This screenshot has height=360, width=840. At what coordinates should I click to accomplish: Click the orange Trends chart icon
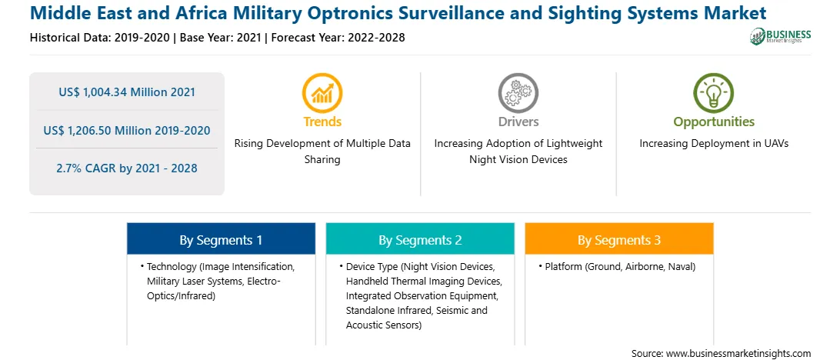(x=322, y=92)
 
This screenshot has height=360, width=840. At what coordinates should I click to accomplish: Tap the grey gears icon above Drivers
(x=518, y=92)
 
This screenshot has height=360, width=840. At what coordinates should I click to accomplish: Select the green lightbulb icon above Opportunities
(x=714, y=92)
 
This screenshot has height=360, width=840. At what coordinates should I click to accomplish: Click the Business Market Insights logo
(x=781, y=36)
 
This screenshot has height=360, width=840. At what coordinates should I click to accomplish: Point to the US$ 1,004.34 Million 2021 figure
(x=127, y=92)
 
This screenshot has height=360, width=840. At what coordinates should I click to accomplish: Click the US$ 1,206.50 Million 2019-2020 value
(x=127, y=130)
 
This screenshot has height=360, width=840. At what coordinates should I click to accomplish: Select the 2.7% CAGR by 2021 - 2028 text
(x=127, y=168)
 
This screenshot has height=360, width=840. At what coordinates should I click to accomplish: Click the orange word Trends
(x=322, y=122)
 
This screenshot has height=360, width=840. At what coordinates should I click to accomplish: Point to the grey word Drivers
(x=518, y=122)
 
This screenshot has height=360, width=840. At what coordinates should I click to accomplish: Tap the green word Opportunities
(x=714, y=122)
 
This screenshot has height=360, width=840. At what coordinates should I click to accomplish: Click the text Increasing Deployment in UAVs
(x=714, y=144)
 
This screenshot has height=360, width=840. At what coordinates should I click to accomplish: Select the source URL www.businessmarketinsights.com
(x=734, y=354)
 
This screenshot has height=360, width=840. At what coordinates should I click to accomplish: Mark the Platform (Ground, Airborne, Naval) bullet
(x=617, y=266)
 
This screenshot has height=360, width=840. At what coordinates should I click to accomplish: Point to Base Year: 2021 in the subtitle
(x=220, y=38)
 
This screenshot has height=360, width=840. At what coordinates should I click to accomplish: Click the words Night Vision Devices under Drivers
(x=518, y=160)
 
